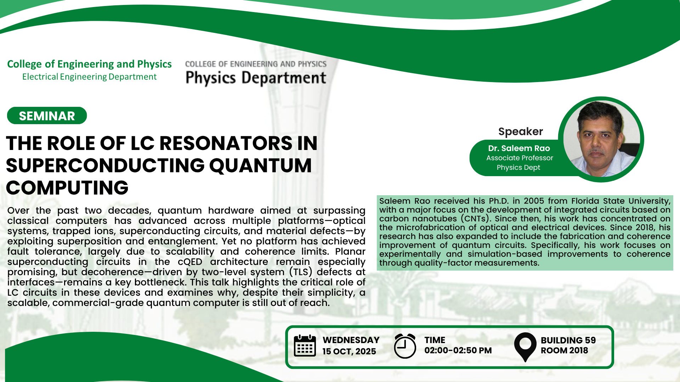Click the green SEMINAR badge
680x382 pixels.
(47, 116)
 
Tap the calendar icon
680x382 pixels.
(305, 346)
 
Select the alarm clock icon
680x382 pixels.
(405, 346)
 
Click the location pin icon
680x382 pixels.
(525, 347)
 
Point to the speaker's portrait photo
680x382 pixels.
(601, 139)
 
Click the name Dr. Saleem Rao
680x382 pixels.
(519, 148)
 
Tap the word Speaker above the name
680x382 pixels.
(520, 132)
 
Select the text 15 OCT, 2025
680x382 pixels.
(349, 351)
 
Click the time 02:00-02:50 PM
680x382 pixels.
(458, 351)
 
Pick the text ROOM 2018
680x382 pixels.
(564, 351)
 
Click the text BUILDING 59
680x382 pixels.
(568, 340)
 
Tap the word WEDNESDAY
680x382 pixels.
(351, 340)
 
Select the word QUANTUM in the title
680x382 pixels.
(261, 166)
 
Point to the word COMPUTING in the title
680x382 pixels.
(67, 188)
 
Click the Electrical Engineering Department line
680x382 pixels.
(89, 77)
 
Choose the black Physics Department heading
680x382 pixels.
(256, 78)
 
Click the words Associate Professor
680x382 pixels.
(520, 158)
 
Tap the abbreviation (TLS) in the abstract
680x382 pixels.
(301, 272)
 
